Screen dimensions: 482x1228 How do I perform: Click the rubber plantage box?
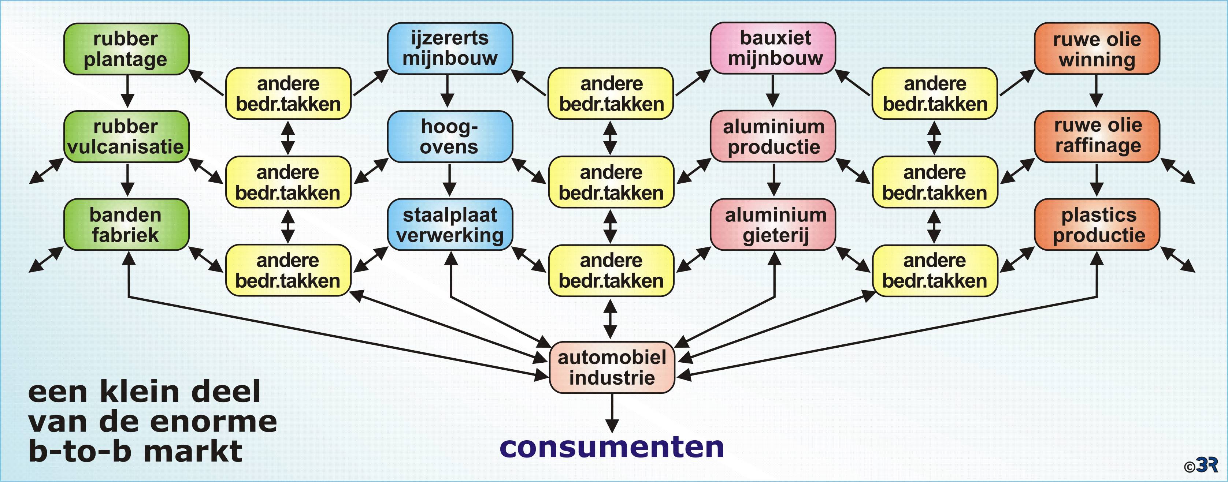click(x=126, y=49)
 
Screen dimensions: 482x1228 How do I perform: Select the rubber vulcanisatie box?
click(x=126, y=137)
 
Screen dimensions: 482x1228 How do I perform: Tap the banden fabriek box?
click(x=126, y=225)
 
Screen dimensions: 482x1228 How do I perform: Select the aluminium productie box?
click(x=773, y=137)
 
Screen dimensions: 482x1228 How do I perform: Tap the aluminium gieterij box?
click(x=773, y=225)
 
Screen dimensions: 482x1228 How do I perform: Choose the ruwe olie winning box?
click(x=1097, y=49)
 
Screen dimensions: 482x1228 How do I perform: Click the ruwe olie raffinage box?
click(x=1097, y=137)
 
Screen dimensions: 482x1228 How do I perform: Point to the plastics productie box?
click(x=1097, y=225)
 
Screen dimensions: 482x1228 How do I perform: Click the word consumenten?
click(x=612, y=448)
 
